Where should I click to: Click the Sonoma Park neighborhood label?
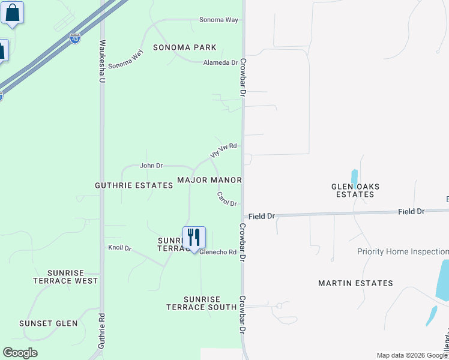(x=184, y=47)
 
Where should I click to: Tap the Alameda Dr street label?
(x=221, y=62)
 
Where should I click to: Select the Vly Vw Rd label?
(x=224, y=150)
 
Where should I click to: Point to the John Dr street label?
(x=151, y=166)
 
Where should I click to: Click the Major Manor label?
(x=209, y=180)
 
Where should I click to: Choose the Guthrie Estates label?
(x=134, y=186)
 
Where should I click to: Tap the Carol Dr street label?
(x=227, y=199)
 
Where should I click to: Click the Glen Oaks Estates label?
(x=355, y=190)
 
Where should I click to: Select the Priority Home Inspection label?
(x=403, y=252)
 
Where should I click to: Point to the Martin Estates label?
(x=355, y=283)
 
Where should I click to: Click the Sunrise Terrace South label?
(x=201, y=303)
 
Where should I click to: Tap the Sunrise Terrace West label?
(x=65, y=277)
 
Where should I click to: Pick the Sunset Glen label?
(x=49, y=323)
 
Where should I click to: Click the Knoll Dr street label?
(x=119, y=247)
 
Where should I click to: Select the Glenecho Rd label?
(x=217, y=253)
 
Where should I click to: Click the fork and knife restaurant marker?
(x=194, y=238)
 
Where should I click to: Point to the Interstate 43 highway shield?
(x=74, y=38)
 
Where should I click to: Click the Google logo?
(x=20, y=353)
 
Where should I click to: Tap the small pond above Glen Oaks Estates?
(x=354, y=177)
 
